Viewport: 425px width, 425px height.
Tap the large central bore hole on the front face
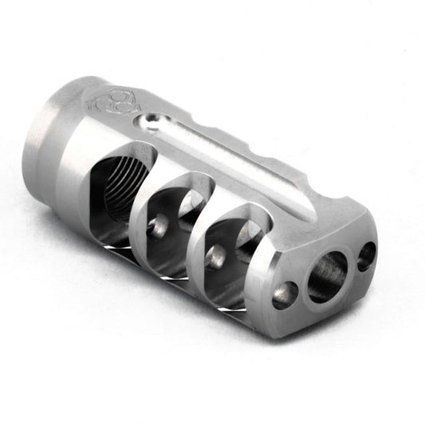327,277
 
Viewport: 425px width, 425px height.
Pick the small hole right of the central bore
366,255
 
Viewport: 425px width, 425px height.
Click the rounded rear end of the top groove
148,123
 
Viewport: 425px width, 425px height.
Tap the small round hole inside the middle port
159,226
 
